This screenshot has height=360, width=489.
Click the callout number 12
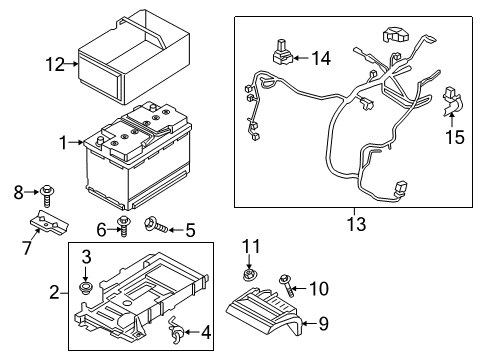click(54, 65)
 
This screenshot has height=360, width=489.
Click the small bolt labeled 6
click(123, 223)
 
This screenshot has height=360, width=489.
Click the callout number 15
click(455, 137)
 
